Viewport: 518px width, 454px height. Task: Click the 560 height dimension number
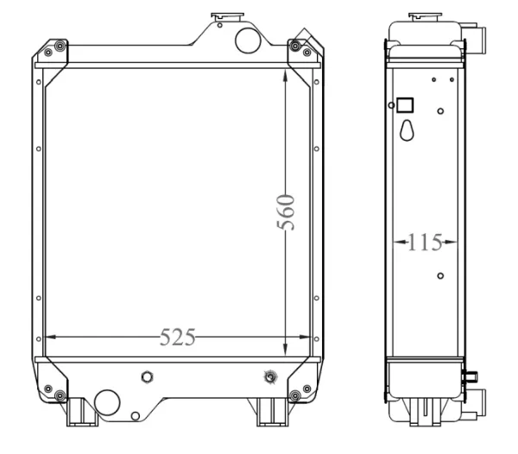pyautogui.click(x=286, y=212)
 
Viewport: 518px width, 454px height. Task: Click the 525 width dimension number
pyautogui.click(x=178, y=337)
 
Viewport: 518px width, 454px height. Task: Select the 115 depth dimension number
pyautogui.click(x=425, y=243)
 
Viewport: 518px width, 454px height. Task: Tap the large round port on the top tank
pyautogui.click(x=248, y=41)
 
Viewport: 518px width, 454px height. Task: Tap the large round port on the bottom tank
pyautogui.click(x=107, y=402)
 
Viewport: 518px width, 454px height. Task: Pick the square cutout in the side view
pyautogui.click(x=405, y=105)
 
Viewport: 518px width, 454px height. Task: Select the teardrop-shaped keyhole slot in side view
pyautogui.click(x=407, y=130)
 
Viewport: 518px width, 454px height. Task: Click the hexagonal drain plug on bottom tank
pyautogui.click(x=147, y=376)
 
